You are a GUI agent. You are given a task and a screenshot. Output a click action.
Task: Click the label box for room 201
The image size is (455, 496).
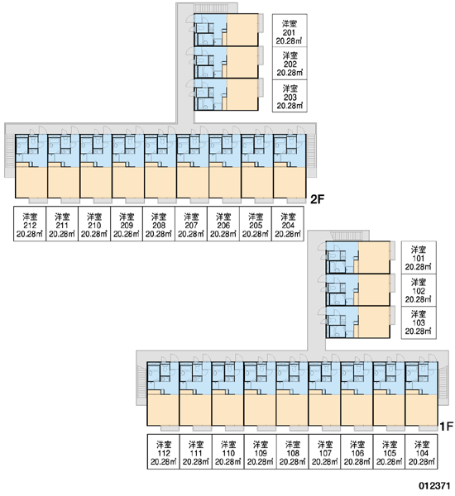[x=290, y=31]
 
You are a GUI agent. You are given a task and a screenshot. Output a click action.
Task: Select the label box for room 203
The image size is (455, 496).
[x=290, y=96]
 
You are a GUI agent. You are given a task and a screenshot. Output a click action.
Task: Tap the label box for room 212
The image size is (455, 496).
[x=30, y=223]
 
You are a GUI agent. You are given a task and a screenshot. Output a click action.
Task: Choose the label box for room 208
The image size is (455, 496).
[x=159, y=223]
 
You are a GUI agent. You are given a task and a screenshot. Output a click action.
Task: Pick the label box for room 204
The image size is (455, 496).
[x=288, y=223]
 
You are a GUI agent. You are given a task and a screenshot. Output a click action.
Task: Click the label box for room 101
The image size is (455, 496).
[x=419, y=257]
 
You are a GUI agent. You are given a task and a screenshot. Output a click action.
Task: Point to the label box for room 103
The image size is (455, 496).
[x=419, y=322]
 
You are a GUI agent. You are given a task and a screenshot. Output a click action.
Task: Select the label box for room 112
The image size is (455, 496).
[x=164, y=451]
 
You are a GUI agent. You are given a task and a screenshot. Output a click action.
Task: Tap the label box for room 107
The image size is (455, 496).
[x=325, y=451]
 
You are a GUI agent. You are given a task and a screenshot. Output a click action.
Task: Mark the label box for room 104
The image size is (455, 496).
[x=421, y=451]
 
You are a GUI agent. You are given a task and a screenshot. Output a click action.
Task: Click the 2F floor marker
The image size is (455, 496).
[x=318, y=199]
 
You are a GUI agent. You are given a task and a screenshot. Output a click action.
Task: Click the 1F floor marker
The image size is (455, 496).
[x=447, y=427]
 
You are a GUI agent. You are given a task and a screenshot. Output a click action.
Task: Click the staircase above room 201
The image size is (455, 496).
[x=208, y=8]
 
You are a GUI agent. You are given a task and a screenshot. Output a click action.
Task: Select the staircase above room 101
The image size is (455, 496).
[x=344, y=236]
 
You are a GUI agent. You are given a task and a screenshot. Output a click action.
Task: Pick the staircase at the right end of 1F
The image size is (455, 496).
[x=443, y=382]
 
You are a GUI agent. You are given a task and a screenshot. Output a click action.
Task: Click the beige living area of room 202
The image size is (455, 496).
[x=242, y=62]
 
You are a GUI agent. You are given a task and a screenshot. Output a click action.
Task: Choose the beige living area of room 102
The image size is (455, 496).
[x=374, y=290]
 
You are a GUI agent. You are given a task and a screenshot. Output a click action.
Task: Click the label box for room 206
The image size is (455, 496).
[x=223, y=223]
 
